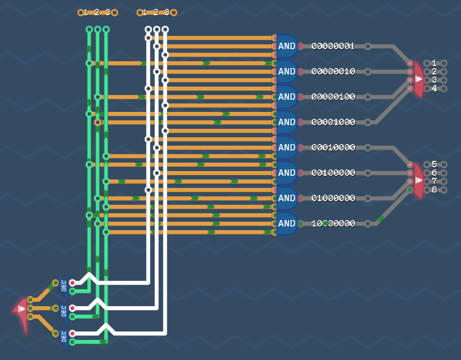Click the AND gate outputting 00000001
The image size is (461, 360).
(286, 46)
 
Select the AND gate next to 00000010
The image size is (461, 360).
(286, 71)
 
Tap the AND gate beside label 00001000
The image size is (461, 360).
(286, 122)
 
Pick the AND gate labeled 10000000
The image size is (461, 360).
(286, 223)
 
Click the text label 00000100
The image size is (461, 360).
(333, 97)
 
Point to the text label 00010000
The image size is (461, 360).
(333, 147)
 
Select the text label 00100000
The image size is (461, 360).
(333, 173)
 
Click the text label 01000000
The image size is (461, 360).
(333, 198)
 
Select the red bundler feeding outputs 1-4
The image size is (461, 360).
(418, 79)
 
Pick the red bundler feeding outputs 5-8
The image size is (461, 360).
(418, 181)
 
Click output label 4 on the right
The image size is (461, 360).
(434, 89)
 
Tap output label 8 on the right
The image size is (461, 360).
(434, 190)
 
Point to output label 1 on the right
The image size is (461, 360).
(434, 63)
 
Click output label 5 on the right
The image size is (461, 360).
(434, 165)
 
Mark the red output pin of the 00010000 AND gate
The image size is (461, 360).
(300, 147)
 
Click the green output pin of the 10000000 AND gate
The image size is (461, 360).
(300, 223)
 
